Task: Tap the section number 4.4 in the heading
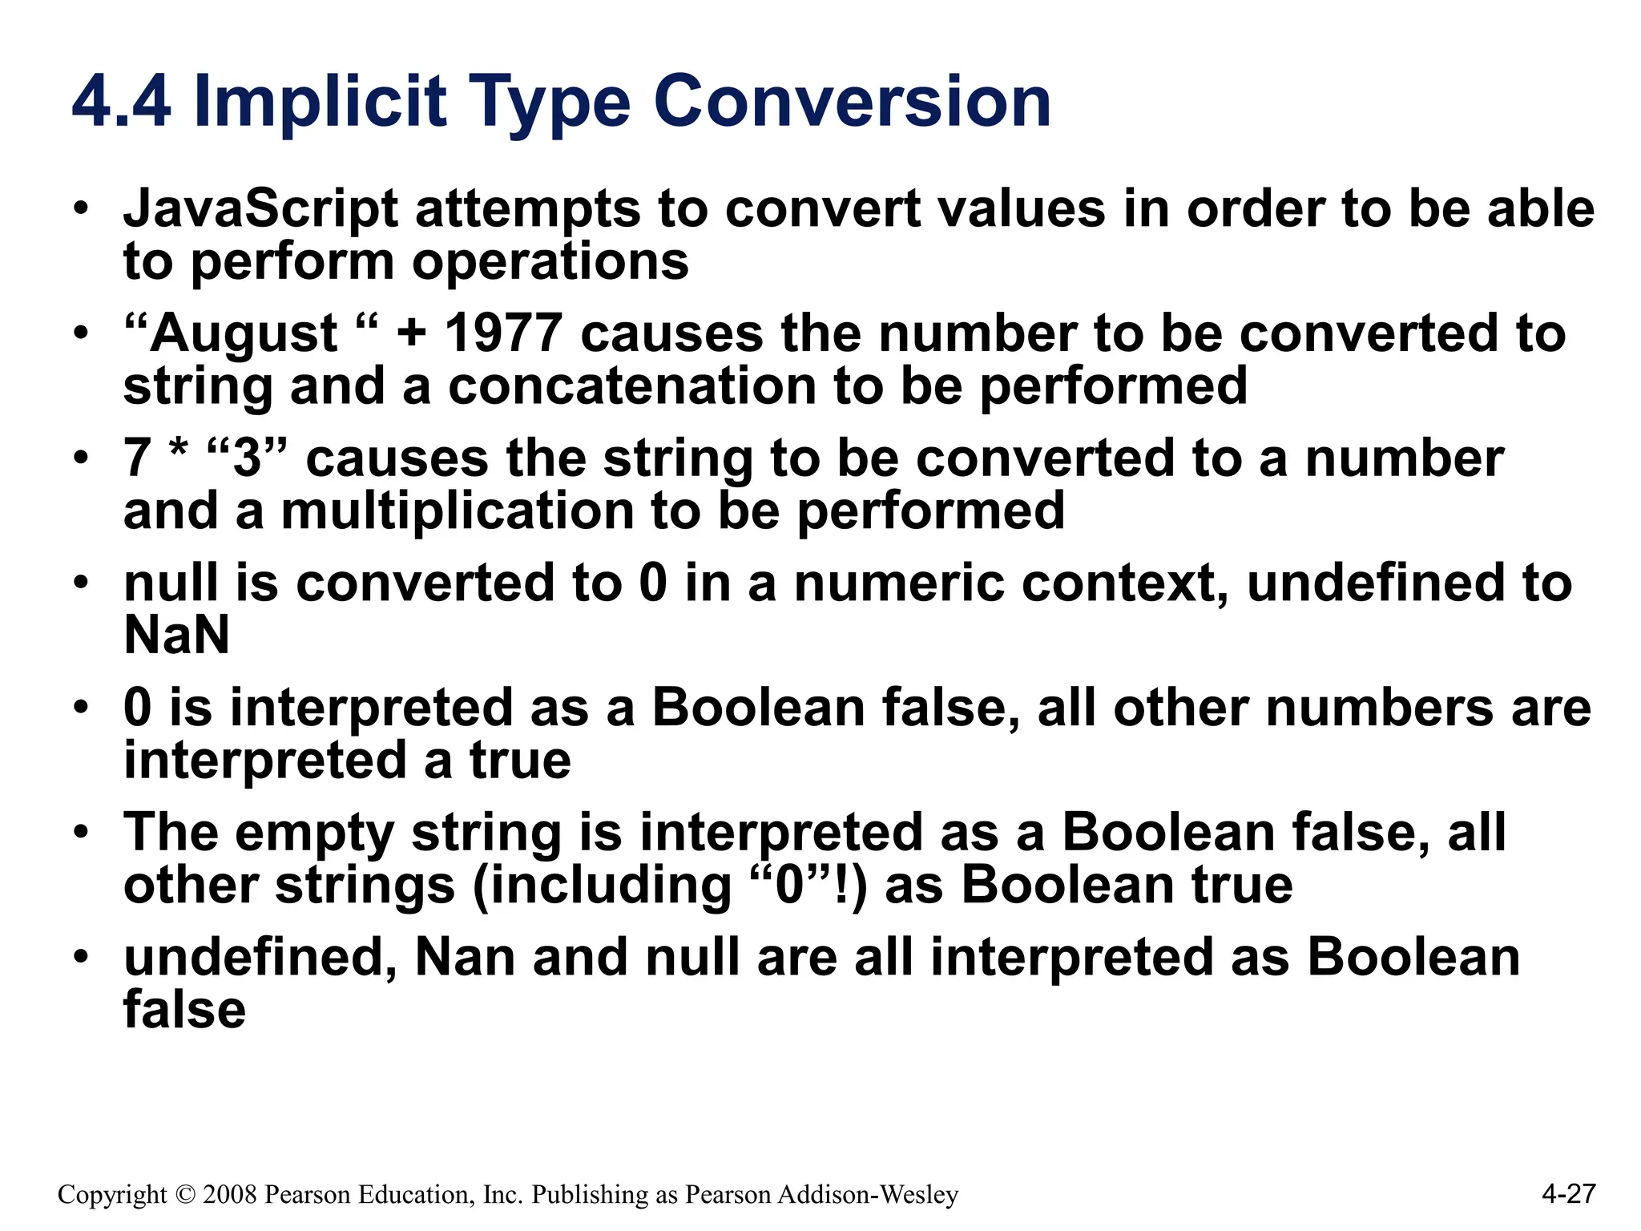coord(121,103)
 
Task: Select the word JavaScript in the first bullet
coord(260,210)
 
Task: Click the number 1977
coord(503,333)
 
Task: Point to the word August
coord(244,335)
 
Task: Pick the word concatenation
coord(631,386)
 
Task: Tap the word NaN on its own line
coord(176,636)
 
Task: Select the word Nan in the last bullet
coord(465,958)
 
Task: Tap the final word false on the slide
coord(184,1010)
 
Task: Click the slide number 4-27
coord(1567,1193)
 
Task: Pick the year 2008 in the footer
coord(230,1195)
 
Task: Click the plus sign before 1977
coord(411,333)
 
